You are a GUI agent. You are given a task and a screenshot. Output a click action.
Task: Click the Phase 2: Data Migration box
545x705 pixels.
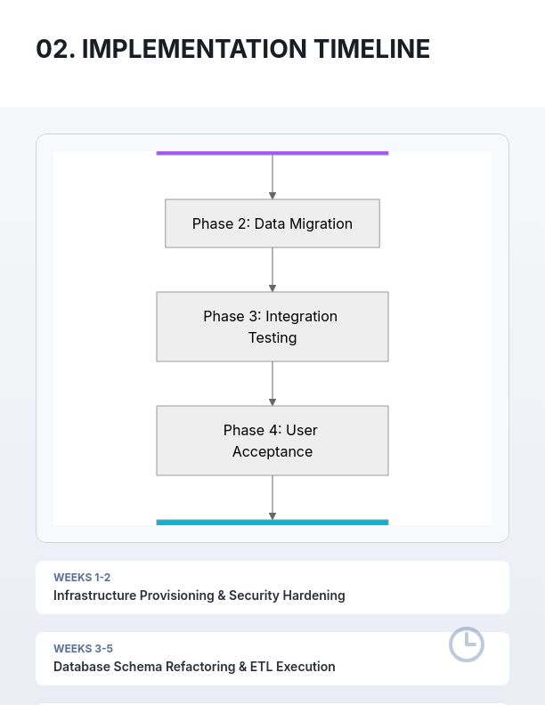tap(272, 223)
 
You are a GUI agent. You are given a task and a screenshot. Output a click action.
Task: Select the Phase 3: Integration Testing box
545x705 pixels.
tap(272, 327)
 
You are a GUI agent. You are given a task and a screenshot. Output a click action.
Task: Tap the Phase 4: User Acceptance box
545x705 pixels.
tap(272, 441)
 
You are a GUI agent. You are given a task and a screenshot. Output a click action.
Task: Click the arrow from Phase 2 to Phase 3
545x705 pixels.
tap(272, 269)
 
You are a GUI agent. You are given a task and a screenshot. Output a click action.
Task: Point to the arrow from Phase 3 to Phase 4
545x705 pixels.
tap(272, 384)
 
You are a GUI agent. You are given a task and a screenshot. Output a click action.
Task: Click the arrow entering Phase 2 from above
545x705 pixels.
tap(272, 177)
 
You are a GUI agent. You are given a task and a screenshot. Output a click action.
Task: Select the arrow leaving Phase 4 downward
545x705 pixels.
tap(272, 498)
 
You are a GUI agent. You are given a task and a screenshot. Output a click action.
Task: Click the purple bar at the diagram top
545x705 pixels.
tap(272, 153)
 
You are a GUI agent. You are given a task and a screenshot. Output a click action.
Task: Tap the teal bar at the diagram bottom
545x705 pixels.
tap(272, 523)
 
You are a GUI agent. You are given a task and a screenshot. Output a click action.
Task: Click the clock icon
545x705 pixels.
tap(466, 644)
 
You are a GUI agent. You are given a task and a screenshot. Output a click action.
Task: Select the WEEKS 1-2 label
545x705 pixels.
tap(82, 578)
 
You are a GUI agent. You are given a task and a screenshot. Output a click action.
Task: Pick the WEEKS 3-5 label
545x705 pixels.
tap(83, 649)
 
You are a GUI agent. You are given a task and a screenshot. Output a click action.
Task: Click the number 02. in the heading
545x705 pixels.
tap(55, 49)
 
